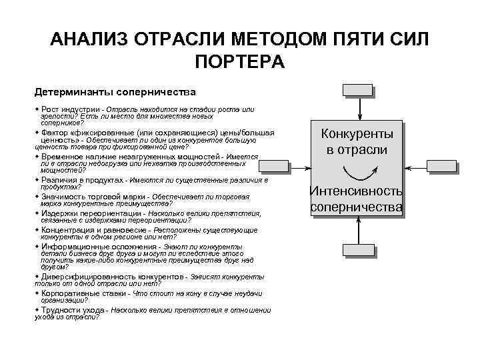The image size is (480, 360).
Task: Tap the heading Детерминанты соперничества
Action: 115,89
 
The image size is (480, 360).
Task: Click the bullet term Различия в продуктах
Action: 82,180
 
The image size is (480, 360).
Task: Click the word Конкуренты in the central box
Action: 357,134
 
